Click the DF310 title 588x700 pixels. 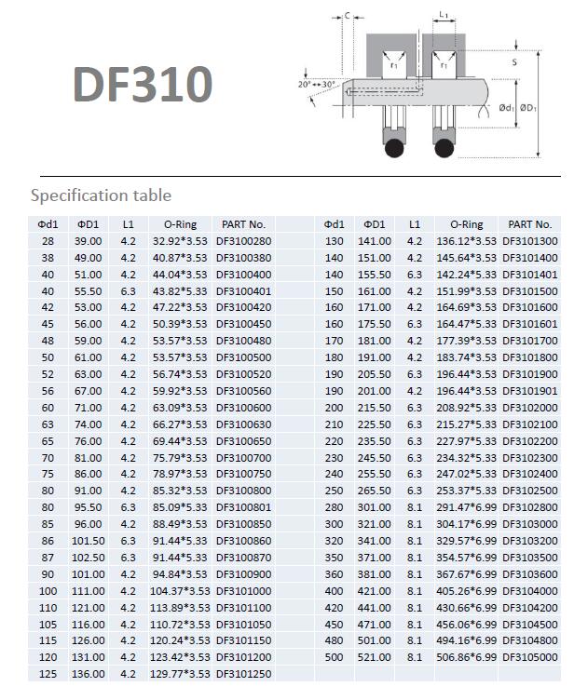[x=143, y=84]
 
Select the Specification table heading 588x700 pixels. [x=101, y=195]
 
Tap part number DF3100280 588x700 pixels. [x=243, y=241]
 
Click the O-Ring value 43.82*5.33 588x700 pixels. [x=180, y=291]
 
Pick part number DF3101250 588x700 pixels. [x=243, y=674]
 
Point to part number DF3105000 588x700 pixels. [x=530, y=657]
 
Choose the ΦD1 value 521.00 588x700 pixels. [x=375, y=657]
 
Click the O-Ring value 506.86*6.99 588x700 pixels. [x=467, y=657]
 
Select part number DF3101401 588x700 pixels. [x=530, y=275]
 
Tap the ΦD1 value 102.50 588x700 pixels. [x=88, y=558]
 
